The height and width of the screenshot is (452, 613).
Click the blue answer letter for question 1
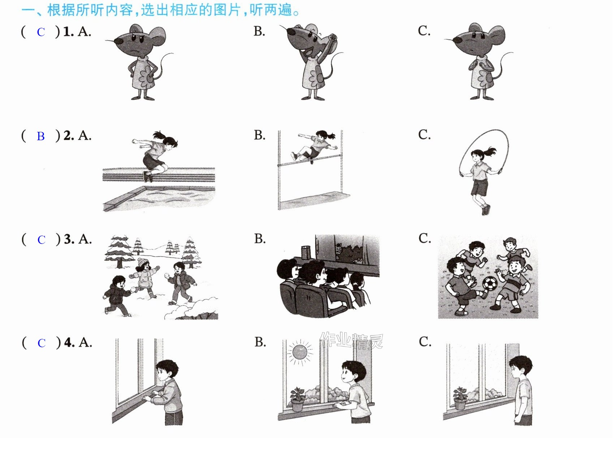click(41, 32)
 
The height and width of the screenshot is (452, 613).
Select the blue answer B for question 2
click(41, 136)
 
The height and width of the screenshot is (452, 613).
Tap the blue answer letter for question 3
click(41, 240)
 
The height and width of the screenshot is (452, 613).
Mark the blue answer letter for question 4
click(42, 343)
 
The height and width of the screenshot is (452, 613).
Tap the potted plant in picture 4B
click(298, 399)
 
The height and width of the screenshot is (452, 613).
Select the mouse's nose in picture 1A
click(119, 41)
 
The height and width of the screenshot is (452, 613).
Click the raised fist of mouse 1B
click(333, 37)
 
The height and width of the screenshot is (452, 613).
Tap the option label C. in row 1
click(424, 31)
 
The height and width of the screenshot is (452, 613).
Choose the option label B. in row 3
click(260, 239)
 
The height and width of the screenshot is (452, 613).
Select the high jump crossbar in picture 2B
click(309, 160)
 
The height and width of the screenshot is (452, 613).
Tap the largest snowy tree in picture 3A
click(119, 252)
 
